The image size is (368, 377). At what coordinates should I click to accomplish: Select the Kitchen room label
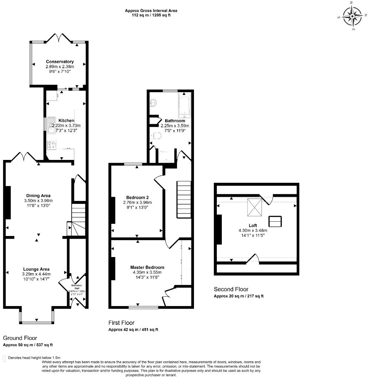[x=66, y=121]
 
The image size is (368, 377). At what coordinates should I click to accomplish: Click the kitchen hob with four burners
[x=51, y=145]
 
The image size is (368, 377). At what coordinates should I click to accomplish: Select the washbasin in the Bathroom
[x=154, y=103]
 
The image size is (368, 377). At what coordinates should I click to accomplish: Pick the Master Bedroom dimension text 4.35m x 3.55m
[x=147, y=272]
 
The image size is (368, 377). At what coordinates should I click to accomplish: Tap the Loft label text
[x=253, y=226]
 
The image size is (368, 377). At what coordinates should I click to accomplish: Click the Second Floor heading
[x=231, y=289]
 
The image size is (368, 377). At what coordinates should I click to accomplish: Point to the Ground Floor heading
[x=20, y=338]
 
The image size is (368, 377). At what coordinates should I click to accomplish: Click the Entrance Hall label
[x=77, y=286]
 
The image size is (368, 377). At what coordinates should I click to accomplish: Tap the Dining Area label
[x=38, y=196]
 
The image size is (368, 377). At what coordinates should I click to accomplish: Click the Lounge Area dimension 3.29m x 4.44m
[x=36, y=274]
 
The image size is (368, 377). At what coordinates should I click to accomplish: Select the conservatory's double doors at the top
[x=58, y=37]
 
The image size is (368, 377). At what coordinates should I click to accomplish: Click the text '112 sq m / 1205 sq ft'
[x=151, y=15]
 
